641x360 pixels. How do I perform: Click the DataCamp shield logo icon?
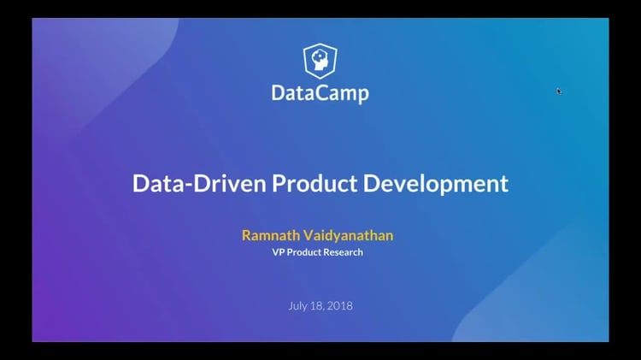(320, 62)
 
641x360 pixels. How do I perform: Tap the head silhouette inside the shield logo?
(320, 61)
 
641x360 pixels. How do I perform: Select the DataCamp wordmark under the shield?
(320, 92)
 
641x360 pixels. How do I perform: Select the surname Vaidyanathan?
(350, 234)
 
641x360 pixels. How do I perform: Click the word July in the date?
(299, 306)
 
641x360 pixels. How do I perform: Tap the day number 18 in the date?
(319, 306)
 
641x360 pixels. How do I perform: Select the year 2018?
(340, 306)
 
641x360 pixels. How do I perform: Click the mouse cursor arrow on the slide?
(559, 91)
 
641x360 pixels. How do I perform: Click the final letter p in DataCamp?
(362, 94)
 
